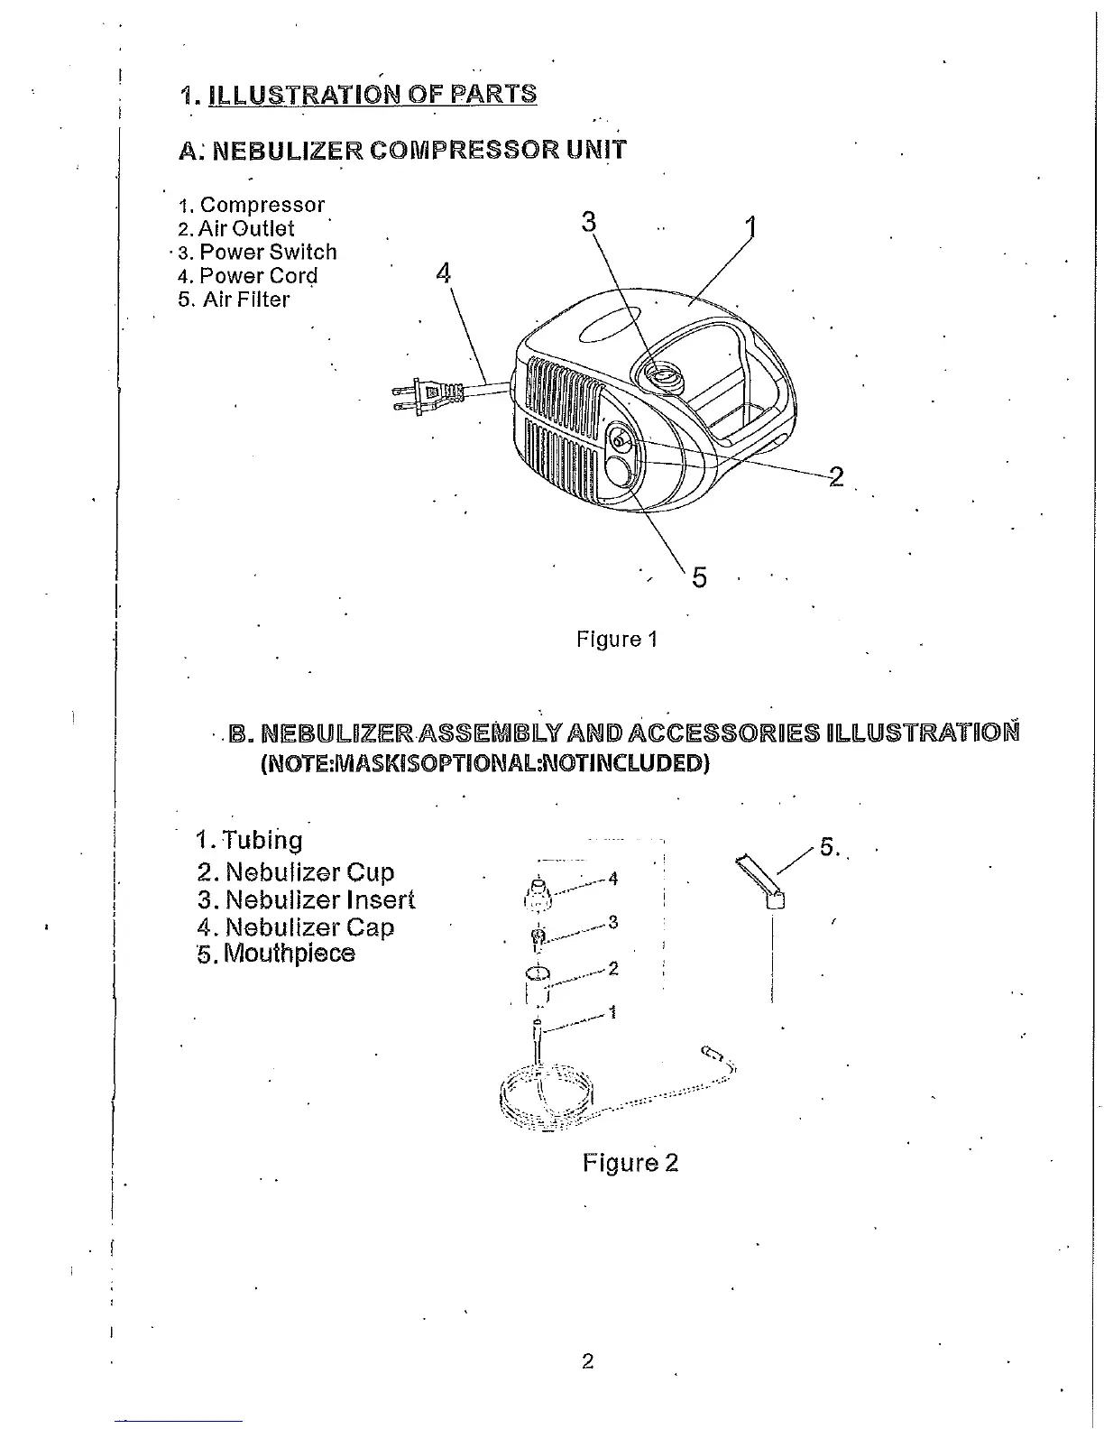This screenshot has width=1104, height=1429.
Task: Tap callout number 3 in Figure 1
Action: pyautogui.click(x=589, y=221)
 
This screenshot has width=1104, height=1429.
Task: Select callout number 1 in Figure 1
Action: pyautogui.click(x=750, y=226)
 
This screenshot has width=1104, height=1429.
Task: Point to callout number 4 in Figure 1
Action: pyautogui.click(x=443, y=272)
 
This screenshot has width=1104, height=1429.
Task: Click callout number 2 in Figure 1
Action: pyautogui.click(x=836, y=476)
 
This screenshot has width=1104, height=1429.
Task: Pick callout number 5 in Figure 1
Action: pyautogui.click(x=699, y=577)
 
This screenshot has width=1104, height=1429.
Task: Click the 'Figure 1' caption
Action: pyautogui.click(x=617, y=640)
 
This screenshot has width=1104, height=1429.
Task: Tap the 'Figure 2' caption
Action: pyautogui.click(x=630, y=1162)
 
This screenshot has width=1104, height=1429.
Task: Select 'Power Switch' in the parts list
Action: pyautogui.click(x=268, y=253)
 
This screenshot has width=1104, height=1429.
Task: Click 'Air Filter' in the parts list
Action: pyautogui.click(x=245, y=300)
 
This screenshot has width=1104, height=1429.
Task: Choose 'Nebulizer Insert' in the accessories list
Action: pyautogui.click(x=319, y=899)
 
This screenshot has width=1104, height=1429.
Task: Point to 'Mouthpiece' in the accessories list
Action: pyautogui.click(x=289, y=953)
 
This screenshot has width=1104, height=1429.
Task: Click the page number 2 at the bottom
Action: pyautogui.click(x=588, y=1361)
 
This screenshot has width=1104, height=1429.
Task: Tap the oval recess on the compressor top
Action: pyautogui.click(x=609, y=328)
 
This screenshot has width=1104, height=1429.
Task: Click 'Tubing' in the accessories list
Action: pyautogui.click(x=262, y=840)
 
